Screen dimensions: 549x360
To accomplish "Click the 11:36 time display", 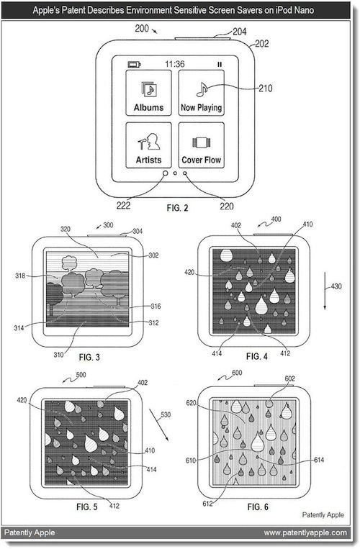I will [x=175, y=63].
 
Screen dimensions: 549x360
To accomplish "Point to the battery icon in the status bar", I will [x=134, y=63].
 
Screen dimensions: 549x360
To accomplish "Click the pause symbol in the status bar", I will [x=219, y=63].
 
